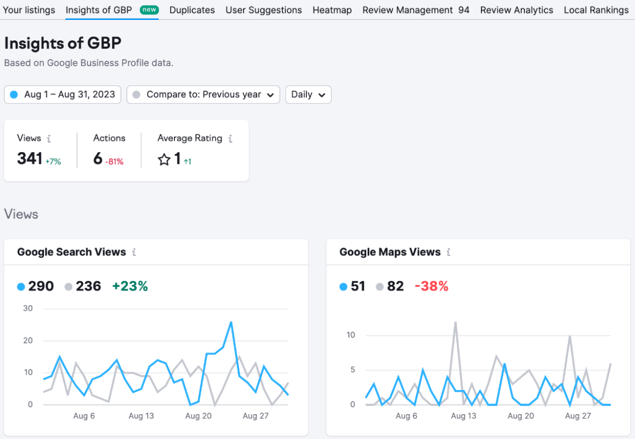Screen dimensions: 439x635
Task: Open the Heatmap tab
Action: (332, 10)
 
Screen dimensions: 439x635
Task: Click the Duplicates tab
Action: (192, 10)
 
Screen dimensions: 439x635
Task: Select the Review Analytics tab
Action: (516, 10)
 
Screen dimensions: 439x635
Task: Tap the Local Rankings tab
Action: (596, 10)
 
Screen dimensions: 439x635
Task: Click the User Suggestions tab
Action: (264, 10)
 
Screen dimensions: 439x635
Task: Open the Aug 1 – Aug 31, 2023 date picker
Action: (63, 95)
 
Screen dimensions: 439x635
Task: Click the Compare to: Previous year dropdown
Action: (203, 95)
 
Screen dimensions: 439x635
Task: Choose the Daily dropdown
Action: (308, 95)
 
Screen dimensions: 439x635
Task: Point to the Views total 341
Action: (30, 159)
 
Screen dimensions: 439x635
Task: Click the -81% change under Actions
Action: (114, 162)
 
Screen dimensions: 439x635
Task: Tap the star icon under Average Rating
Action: (164, 160)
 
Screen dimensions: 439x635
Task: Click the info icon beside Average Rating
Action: (230, 139)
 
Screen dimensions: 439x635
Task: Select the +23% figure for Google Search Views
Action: (130, 286)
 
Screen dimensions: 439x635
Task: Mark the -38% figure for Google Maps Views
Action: (432, 286)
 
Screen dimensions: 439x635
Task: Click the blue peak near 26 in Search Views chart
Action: (231, 322)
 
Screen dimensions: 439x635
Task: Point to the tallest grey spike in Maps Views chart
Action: (455, 322)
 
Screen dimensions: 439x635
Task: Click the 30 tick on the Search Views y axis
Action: (28, 308)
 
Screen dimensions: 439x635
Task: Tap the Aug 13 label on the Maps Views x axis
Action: (463, 416)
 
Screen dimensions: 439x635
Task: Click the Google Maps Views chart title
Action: (390, 252)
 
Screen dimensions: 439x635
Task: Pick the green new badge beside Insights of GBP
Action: (149, 10)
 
